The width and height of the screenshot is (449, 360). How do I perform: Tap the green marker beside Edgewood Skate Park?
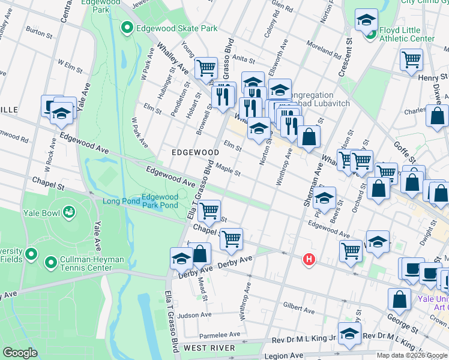(127, 28)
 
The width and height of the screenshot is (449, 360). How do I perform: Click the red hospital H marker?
(309, 259)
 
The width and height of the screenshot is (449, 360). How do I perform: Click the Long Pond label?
(119, 201)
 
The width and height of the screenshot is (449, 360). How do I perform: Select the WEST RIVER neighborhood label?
(209, 348)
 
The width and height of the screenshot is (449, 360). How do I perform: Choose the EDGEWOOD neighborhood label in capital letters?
(195, 153)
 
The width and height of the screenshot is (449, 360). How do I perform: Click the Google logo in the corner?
(20, 353)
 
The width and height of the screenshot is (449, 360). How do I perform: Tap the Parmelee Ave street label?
(221, 334)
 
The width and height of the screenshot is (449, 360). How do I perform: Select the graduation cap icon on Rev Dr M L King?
(349, 334)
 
